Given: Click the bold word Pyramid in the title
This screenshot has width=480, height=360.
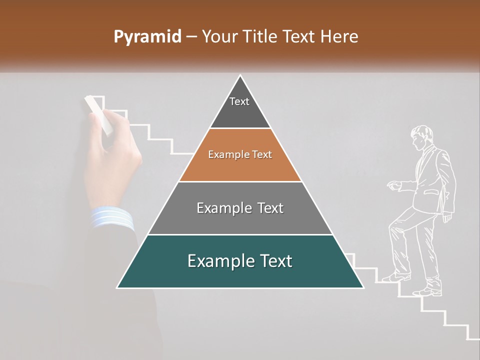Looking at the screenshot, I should (x=147, y=37).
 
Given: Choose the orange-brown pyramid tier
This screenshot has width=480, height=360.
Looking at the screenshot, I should (x=240, y=155).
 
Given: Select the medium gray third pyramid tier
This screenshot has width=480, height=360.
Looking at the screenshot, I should (x=240, y=208).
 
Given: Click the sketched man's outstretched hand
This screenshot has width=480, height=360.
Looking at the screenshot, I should (x=393, y=186).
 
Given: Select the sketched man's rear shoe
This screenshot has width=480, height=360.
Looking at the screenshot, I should (x=428, y=291).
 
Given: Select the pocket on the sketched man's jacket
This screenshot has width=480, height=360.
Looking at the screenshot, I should (x=429, y=192).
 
